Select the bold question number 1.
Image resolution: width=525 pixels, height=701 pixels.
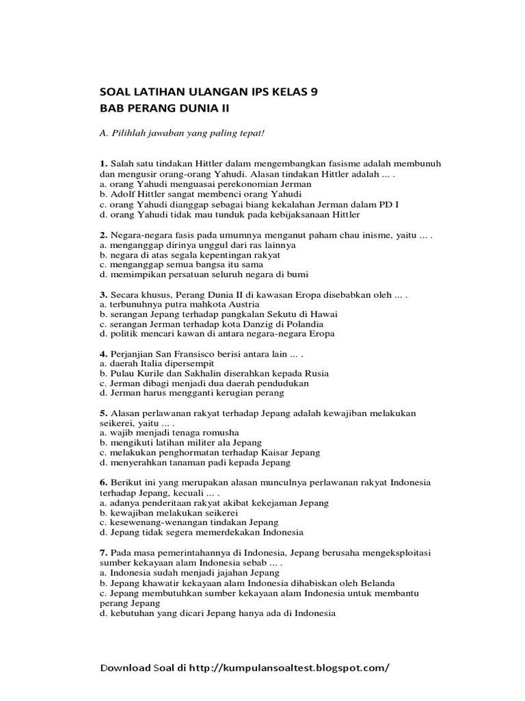[103, 164]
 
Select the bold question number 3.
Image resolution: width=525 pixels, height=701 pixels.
[103, 295]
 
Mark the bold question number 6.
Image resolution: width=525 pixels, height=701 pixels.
[103, 483]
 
